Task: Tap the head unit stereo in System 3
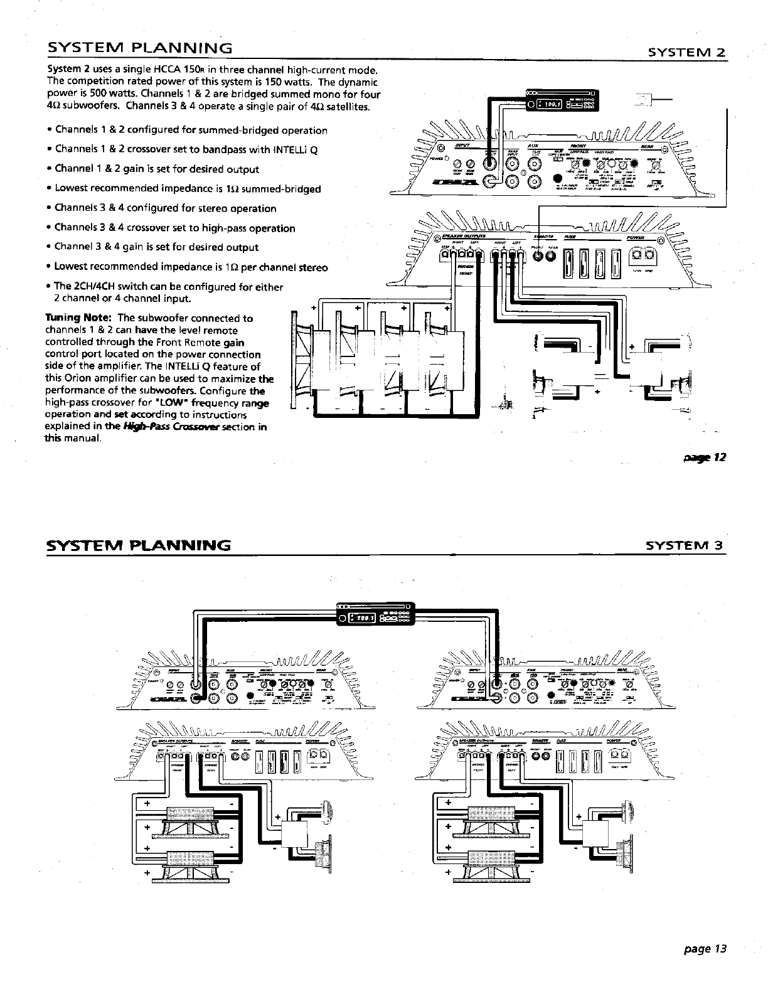(x=374, y=617)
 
